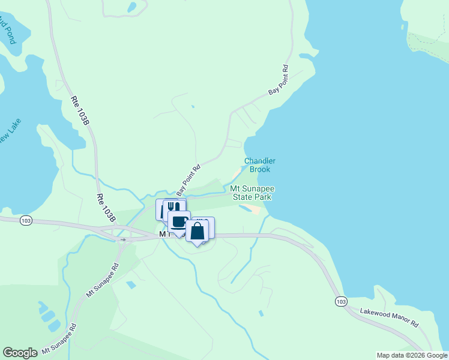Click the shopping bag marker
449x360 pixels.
[197, 231]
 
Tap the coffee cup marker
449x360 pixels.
[179, 221]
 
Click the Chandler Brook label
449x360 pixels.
[260, 165]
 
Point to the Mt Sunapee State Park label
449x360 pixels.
[252, 193]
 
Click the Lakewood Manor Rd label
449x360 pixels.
[389, 317]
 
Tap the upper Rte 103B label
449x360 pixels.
[80, 111]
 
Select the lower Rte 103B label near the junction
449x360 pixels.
[106, 208]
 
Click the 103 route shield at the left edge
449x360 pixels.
[25, 221]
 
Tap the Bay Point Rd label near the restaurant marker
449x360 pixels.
[188, 179]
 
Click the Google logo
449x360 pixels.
[20, 353]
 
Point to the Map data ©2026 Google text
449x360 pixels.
[412, 355]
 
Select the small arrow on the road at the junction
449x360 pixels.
[123, 239]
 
